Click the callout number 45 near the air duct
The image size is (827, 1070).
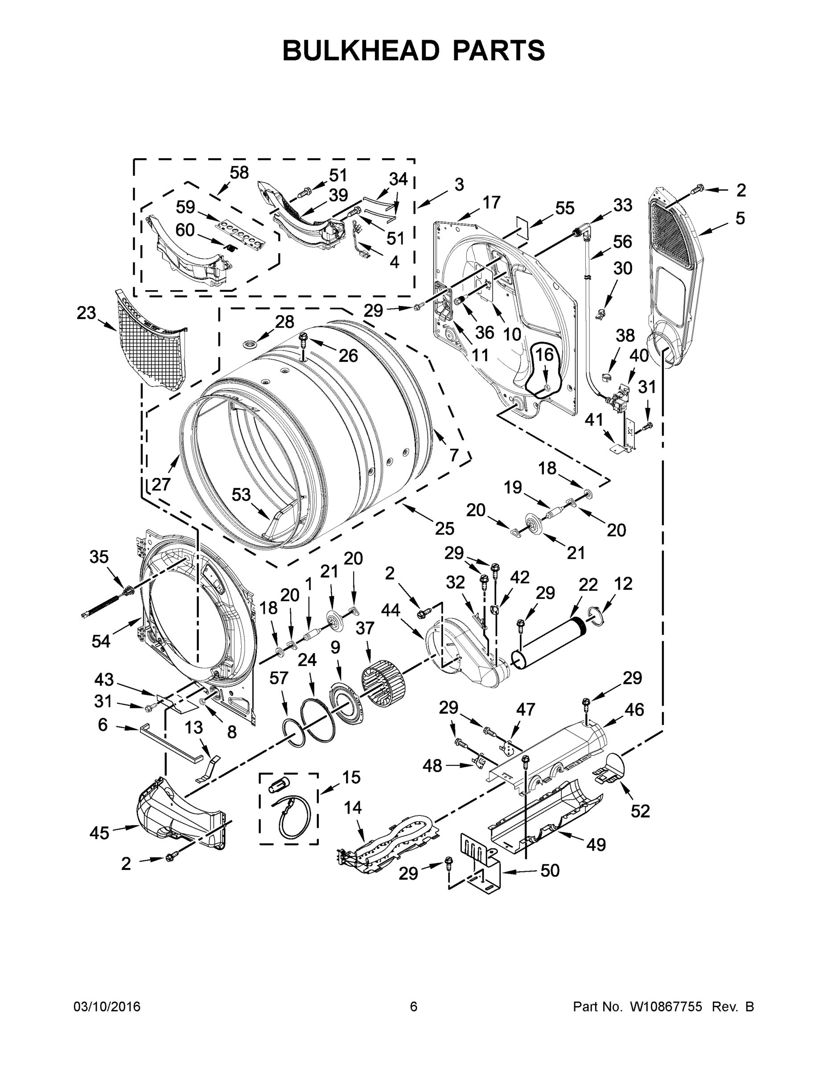(99, 832)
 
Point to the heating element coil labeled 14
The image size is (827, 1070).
(387, 844)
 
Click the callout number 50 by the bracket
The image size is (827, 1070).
(549, 870)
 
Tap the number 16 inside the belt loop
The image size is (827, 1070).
(543, 354)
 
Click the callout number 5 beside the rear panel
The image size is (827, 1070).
(740, 218)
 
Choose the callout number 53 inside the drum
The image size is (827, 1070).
(241, 494)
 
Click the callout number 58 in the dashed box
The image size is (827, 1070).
(239, 173)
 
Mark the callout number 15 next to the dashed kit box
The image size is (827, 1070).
(351, 777)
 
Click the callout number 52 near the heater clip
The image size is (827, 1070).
(640, 811)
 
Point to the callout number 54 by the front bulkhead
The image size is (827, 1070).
(101, 640)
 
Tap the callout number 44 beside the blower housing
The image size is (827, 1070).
(391, 610)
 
